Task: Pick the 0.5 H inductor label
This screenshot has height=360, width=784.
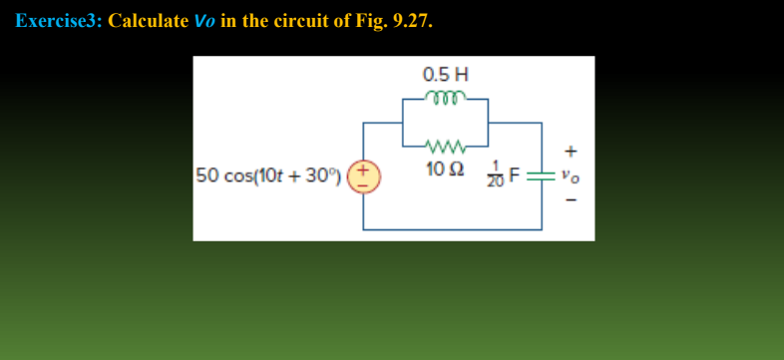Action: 445,75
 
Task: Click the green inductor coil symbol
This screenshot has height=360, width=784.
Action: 445,98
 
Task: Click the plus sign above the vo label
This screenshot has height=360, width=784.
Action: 572,152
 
